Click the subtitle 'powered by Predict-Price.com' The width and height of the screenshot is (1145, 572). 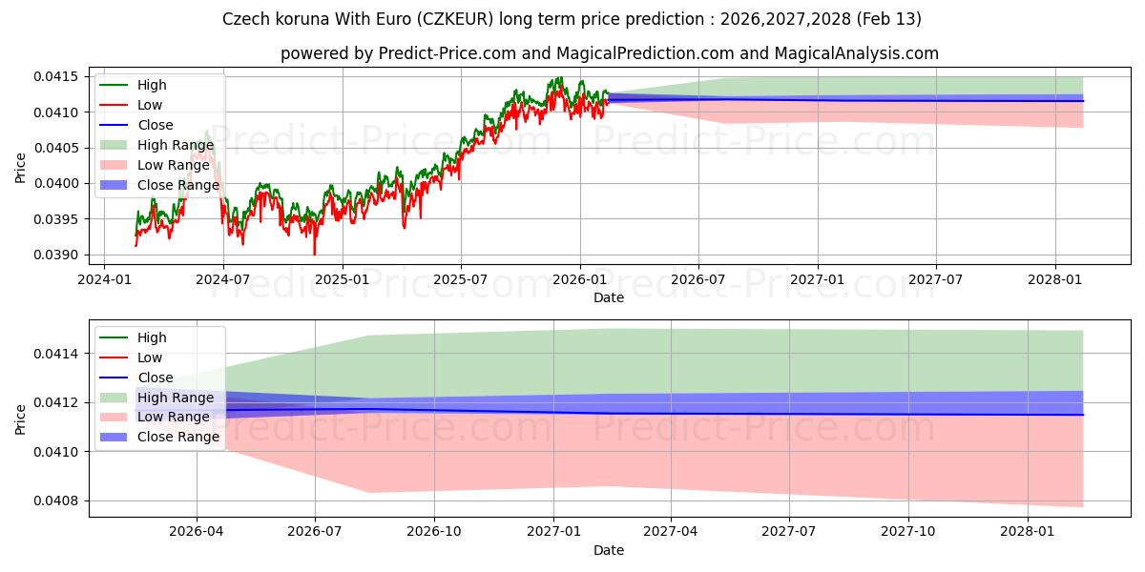609,53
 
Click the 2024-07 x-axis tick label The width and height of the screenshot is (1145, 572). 222,278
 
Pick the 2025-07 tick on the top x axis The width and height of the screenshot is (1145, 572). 460,278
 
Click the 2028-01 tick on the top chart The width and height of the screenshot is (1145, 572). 1055,278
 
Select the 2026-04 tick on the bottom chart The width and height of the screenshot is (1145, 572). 197,531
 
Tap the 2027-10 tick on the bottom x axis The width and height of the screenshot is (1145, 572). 908,531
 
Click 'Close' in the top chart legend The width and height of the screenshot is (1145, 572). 156,125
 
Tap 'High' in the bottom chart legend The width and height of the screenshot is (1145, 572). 152,337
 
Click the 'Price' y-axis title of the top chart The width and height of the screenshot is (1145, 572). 21,167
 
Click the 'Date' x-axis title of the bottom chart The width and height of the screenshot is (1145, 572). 609,550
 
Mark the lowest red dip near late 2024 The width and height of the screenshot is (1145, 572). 315,255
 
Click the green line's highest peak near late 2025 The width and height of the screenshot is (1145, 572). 561,77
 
